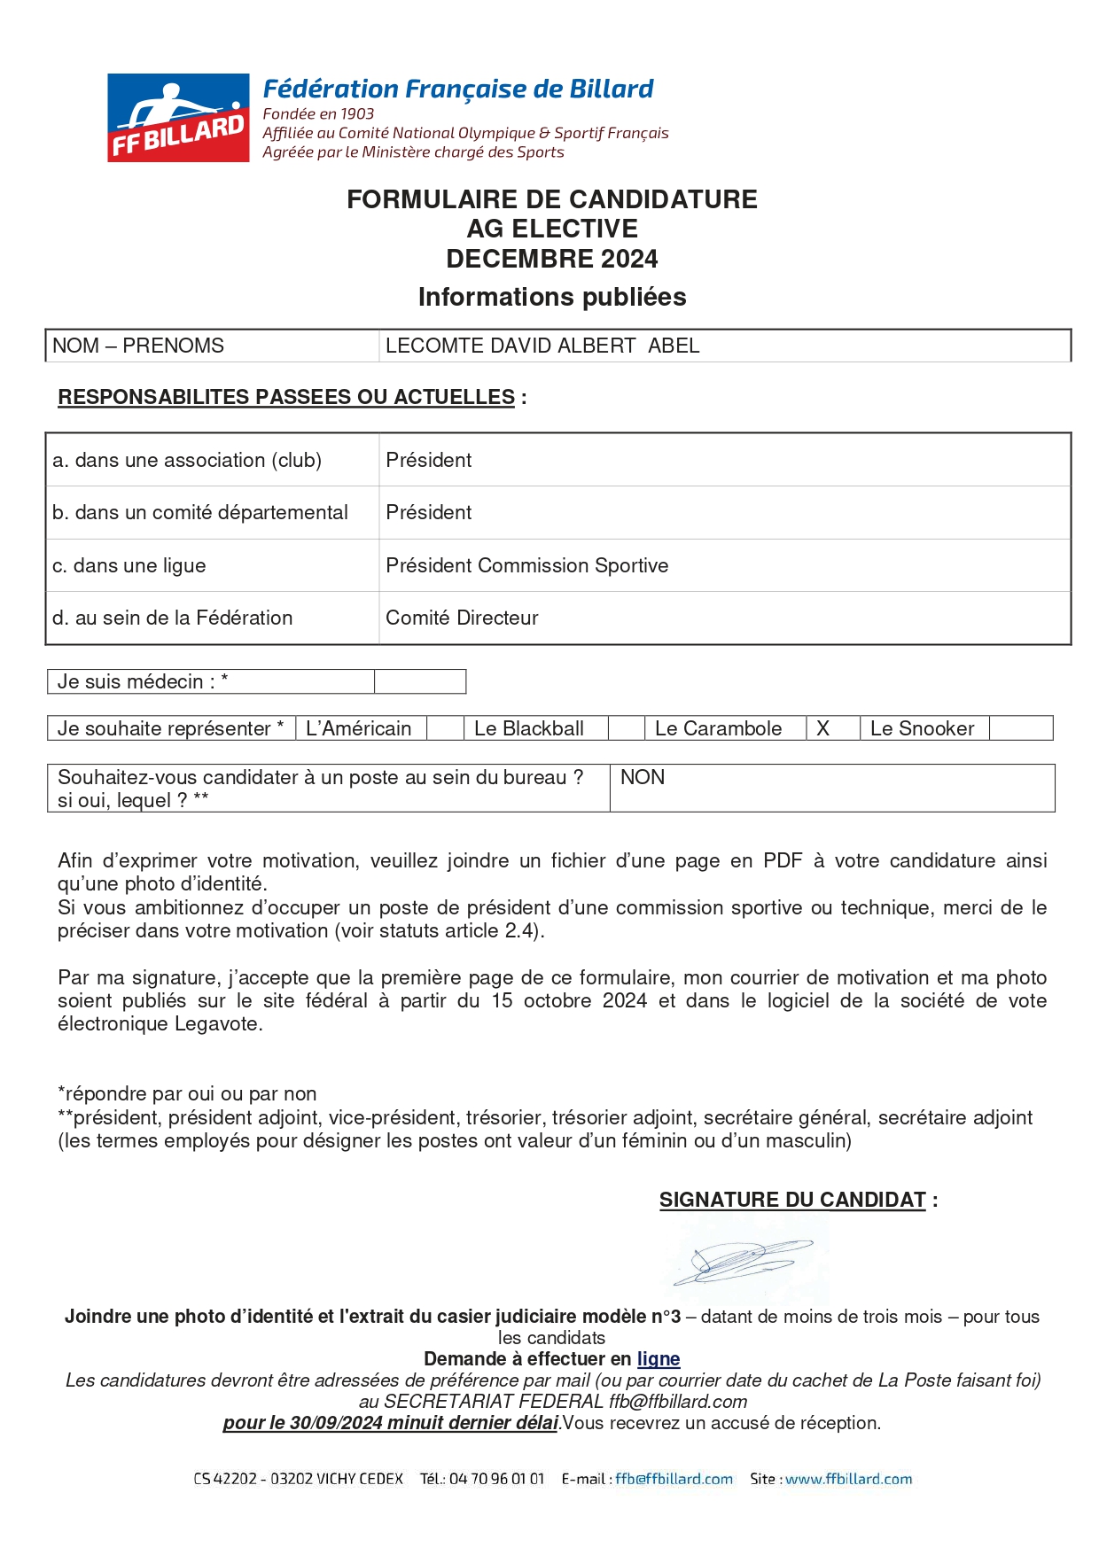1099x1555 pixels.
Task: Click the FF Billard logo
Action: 178,118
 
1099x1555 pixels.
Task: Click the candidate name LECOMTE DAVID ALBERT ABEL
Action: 542,346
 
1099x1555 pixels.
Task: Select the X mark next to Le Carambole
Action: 822,728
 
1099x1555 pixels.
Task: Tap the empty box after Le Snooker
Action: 1020,728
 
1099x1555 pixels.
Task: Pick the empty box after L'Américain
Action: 445,728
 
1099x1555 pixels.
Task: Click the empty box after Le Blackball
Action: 626,728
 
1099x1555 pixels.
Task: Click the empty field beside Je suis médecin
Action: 420,681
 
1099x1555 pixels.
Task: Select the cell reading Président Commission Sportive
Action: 526,565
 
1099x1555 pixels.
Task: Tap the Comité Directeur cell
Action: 462,618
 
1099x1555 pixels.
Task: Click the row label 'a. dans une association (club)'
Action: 187,460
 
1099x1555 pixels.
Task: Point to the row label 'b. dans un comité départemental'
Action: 200,512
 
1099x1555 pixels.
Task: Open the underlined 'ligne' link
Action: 658,1359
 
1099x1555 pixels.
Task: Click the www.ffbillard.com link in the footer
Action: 848,1479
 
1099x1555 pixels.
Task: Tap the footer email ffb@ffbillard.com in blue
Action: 674,1479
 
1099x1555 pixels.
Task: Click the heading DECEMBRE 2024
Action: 551,259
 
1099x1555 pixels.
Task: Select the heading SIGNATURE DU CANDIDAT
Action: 792,1200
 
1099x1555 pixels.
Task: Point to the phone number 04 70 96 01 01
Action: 496,1479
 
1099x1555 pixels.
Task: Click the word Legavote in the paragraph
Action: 218,1023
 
